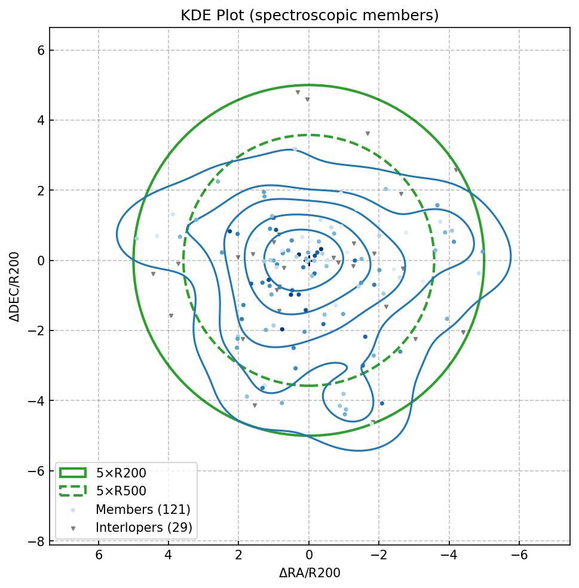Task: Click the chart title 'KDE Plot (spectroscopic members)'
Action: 310,16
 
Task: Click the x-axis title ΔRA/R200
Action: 310,573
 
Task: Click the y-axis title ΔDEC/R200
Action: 15,286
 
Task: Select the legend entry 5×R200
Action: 121,473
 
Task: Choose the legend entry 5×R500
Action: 121,491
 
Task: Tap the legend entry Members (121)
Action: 143,510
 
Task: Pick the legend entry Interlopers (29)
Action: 143,528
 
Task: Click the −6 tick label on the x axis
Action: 519,556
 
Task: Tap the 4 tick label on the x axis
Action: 169,556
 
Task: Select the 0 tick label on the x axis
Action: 309,556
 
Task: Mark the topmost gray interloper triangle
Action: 298,93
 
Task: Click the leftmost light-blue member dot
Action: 136,238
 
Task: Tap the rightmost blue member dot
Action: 482,252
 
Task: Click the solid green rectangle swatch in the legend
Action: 73,473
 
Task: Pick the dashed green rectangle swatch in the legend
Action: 73,491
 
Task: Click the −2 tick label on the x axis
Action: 379,556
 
